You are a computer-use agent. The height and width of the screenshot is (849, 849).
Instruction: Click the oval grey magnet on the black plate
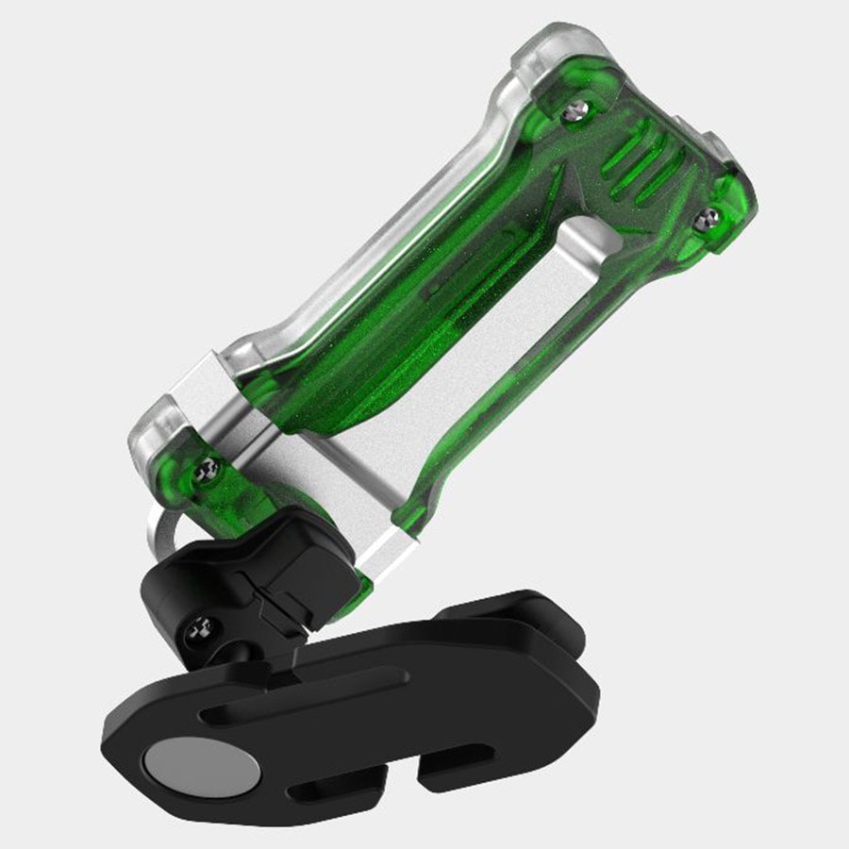click(x=206, y=761)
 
